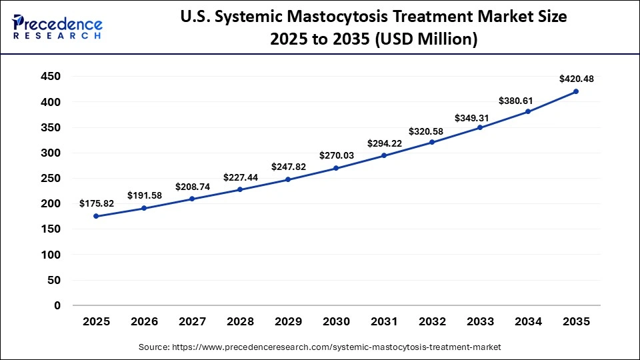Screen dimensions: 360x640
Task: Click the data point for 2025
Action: tap(96, 216)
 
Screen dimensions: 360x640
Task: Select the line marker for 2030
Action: tap(336, 168)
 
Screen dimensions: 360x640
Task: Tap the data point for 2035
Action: tap(576, 91)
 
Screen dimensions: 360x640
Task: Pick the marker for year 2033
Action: tap(480, 127)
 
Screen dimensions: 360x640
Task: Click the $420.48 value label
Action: tap(576, 79)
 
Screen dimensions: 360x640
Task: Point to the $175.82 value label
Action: tap(96, 203)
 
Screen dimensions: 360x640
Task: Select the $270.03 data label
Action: tap(336, 155)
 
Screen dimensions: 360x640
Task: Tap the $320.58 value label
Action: tap(432, 129)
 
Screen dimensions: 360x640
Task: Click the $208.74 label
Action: tap(192, 187)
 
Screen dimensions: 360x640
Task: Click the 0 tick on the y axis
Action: tap(57, 305)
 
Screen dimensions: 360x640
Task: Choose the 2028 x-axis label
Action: tap(240, 321)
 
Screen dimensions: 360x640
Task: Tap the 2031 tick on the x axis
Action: tap(384, 321)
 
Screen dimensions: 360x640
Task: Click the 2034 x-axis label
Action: tap(528, 321)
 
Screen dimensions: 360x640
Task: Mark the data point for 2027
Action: tap(192, 199)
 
